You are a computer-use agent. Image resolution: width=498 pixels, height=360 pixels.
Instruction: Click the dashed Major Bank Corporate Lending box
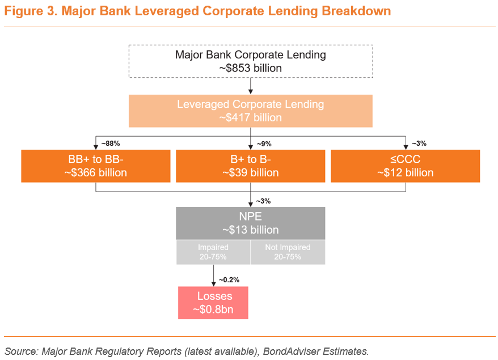tap(250, 61)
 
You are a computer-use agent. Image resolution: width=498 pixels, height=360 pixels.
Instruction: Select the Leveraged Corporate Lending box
tap(250, 111)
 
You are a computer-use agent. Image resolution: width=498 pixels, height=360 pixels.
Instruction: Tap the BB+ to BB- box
tap(96, 166)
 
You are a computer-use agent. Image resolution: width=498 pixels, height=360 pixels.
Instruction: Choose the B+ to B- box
tap(250, 166)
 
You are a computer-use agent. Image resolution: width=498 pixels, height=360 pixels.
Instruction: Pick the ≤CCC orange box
tap(405, 166)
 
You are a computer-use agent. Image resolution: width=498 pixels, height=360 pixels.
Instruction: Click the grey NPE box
tap(250, 223)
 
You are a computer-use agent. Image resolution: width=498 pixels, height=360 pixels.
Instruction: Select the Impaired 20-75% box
tap(213, 252)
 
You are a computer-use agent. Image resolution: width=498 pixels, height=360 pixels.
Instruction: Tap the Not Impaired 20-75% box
tap(288, 252)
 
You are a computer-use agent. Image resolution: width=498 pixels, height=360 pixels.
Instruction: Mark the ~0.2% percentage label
tap(229, 279)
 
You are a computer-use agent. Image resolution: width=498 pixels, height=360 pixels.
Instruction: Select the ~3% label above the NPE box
tap(263, 200)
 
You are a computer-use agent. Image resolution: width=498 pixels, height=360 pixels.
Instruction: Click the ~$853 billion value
tap(250, 68)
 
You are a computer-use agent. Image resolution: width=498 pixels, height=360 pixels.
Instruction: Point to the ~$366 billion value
tap(96, 172)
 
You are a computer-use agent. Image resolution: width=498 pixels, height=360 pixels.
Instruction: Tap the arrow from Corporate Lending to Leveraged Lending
tap(250, 86)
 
